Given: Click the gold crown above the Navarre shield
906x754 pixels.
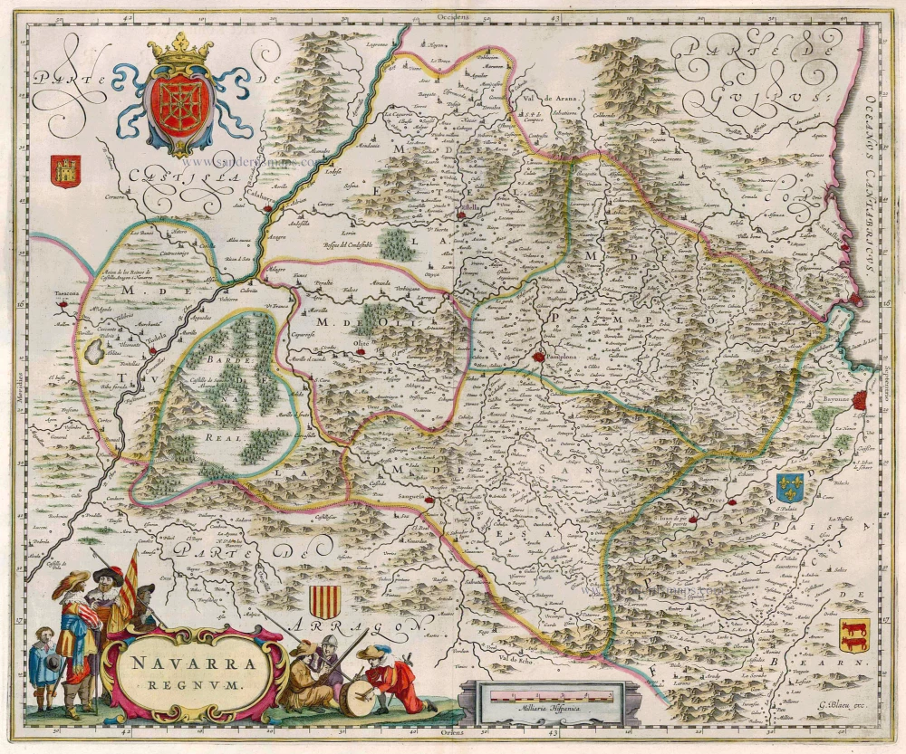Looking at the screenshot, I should (x=179, y=51).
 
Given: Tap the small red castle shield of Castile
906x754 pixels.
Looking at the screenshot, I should (x=66, y=167).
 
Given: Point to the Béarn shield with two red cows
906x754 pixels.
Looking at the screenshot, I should (x=853, y=635).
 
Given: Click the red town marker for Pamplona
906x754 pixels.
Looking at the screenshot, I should (x=540, y=358).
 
